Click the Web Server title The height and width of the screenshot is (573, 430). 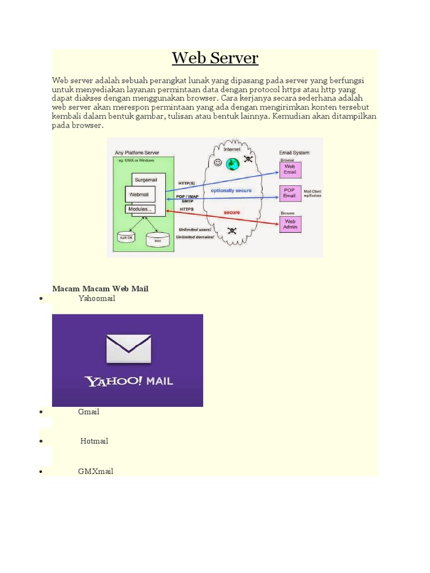(x=215, y=58)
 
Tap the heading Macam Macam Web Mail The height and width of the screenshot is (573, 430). (x=100, y=289)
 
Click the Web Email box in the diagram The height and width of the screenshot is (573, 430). (x=290, y=169)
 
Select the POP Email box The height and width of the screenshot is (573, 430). (x=289, y=193)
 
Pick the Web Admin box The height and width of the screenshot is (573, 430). (x=290, y=224)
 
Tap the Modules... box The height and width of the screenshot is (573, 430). (x=141, y=209)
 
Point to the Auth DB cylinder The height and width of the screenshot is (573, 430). (x=125, y=237)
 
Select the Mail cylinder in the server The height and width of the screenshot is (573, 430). (x=157, y=239)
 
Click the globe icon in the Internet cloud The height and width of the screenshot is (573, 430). (x=232, y=163)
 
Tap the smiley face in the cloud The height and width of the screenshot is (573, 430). (x=218, y=162)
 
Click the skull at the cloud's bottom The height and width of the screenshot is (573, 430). (x=231, y=231)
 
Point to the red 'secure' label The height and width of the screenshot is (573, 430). (x=232, y=213)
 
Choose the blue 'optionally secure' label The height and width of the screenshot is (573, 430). (x=231, y=190)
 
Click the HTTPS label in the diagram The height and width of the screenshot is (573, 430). (x=186, y=209)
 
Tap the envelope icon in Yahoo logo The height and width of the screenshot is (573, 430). (x=128, y=348)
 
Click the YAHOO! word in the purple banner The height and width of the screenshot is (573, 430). (x=113, y=382)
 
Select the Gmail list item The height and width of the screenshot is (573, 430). (x=89, y=412)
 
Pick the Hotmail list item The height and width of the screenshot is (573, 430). (x=94, y=441)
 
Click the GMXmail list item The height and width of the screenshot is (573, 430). (x=96, y=471)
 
